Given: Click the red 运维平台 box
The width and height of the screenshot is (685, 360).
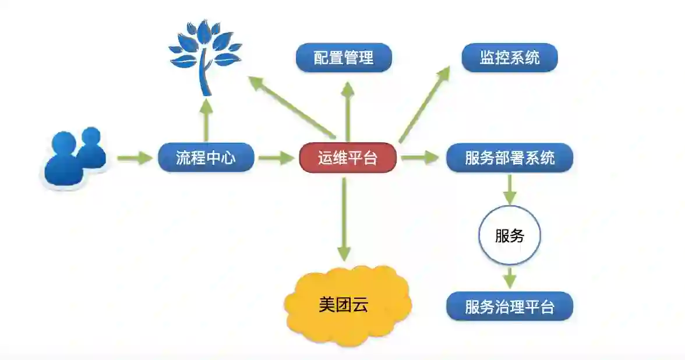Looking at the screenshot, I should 348,157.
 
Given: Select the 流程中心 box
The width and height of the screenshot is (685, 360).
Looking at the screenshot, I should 206,157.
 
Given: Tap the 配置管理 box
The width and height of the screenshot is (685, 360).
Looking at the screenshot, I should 344,58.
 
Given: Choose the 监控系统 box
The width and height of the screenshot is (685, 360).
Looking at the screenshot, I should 510,58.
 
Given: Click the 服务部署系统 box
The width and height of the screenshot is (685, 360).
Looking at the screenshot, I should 510,157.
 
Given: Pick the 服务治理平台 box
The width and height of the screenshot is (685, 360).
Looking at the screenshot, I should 510,306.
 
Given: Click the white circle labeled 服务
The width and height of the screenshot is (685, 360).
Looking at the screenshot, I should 510,235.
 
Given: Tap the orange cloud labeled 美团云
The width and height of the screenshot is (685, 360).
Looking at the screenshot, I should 347,305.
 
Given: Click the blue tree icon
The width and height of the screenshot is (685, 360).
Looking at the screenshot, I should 204,55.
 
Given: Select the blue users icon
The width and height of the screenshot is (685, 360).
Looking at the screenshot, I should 73,157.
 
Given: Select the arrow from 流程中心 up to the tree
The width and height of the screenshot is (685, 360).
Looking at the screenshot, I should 206,119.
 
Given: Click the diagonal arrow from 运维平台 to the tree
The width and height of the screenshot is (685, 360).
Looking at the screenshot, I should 291,107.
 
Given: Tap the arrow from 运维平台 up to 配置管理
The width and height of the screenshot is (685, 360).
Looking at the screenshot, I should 348,111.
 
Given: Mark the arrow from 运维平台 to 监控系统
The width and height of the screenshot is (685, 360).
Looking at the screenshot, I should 425,104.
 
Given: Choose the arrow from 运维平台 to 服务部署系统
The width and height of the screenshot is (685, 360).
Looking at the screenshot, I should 419,157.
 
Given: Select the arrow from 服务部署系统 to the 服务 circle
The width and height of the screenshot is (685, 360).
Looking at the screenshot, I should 510,188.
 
